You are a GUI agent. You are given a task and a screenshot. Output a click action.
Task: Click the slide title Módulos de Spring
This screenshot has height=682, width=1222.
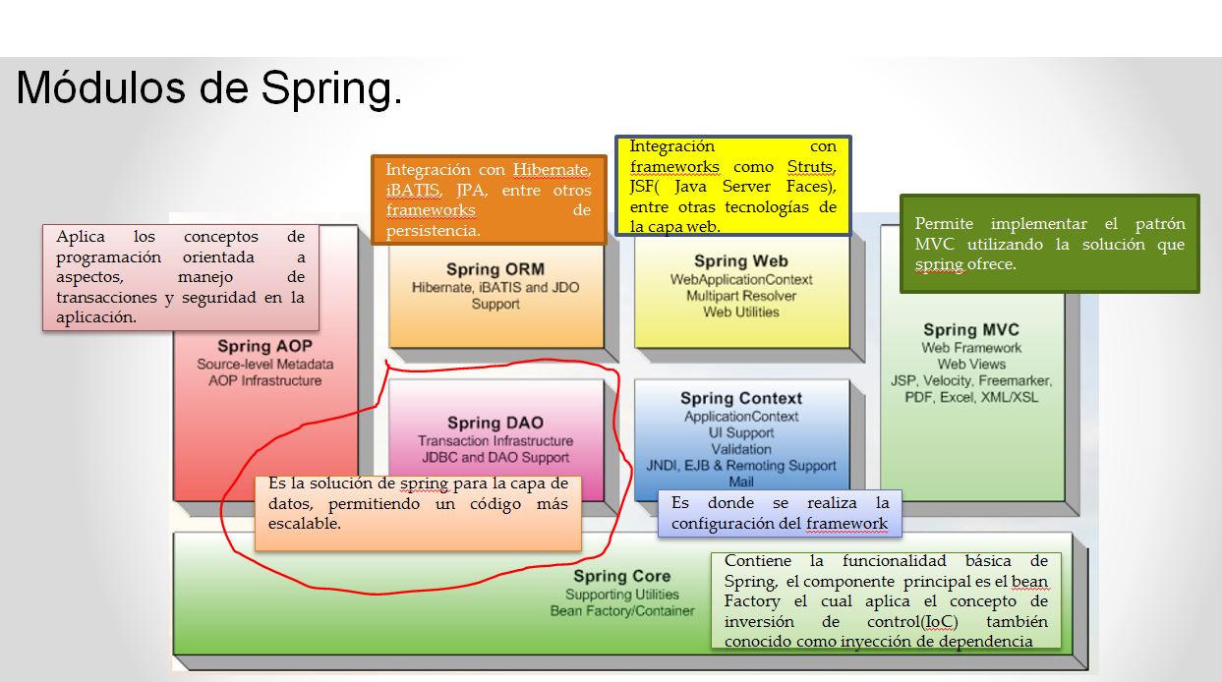208,89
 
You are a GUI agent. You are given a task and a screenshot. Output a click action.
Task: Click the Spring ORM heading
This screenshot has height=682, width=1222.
495,269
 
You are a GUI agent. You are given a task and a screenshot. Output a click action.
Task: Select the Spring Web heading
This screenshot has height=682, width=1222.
740,261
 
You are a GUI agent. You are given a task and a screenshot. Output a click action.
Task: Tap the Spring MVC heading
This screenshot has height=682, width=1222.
970,330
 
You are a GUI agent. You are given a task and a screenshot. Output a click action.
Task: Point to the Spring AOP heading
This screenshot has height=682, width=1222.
258,346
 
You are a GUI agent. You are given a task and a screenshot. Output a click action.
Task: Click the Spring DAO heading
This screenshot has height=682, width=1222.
495,423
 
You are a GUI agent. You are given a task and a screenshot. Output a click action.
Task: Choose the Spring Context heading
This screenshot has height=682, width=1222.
741,398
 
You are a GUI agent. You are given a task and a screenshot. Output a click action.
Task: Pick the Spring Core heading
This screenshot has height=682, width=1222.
621,576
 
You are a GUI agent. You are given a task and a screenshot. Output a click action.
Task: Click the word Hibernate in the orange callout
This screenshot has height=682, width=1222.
551,170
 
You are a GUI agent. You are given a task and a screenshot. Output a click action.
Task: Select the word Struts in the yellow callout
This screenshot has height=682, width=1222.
811,167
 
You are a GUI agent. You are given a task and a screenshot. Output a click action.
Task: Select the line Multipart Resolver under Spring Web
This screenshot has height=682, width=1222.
741,296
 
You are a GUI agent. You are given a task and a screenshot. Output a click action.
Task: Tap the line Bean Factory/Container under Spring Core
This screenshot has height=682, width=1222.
621,611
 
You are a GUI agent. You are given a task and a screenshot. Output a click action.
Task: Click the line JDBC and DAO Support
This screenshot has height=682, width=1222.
495,458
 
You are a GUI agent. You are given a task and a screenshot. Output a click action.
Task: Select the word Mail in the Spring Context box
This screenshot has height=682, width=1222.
741,482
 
